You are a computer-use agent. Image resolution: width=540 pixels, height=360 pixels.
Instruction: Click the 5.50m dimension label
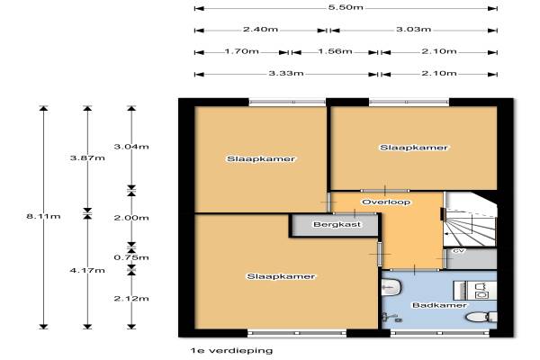(x=346, y=7)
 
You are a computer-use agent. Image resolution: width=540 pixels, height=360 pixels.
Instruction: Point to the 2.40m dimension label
(x=260, y=30)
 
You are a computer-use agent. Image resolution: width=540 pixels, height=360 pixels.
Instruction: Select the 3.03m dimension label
(x=413, y=30)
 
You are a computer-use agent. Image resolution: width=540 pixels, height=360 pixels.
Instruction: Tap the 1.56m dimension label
(x=335, y=51)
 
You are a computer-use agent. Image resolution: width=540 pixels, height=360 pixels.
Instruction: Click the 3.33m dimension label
(x=286, y=73)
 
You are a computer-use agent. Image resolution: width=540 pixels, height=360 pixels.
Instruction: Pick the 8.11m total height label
(x=43, y=216)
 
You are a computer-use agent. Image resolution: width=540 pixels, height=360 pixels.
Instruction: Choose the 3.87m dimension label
(x=87, y=158)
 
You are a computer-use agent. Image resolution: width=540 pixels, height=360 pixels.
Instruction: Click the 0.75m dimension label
(x=131, y=257)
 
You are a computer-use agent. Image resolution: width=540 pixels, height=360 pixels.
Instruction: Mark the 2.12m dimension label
(x=131, y=298)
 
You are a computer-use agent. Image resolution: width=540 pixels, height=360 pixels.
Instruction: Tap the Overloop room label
(x=386, y=202)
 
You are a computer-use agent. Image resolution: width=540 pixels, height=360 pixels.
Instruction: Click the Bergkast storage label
(x=337, y=225)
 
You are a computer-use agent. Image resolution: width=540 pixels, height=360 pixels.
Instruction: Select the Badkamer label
(x=439, y=305)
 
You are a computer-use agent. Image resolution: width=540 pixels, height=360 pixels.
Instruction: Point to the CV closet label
(x=458, y=251)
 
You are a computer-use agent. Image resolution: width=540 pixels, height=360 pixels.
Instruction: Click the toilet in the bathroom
(x=481, y=317)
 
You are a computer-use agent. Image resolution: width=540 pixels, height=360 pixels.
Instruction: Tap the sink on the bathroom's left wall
(x=391, y=286)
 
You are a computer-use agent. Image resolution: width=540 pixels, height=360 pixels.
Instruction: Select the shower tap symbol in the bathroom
(x=391, y=317)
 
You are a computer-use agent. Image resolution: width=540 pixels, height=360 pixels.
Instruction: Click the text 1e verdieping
(x=231, y=351)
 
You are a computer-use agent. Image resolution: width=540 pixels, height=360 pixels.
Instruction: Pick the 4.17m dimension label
(x=87, y=270)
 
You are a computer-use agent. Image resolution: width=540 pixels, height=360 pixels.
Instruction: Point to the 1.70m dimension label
(x=241, y=51)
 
